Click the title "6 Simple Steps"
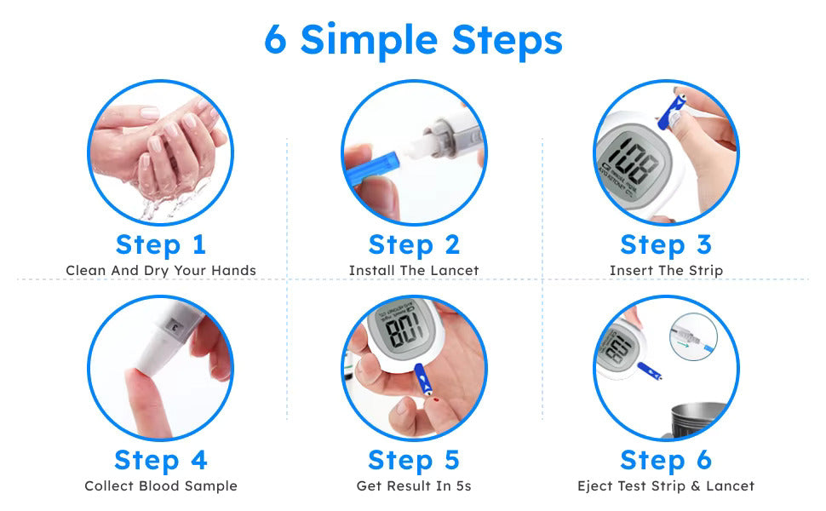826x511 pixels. (x=413, y=40)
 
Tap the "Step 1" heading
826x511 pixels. (x=161, y=244)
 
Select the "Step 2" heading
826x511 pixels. (x=414, y=244)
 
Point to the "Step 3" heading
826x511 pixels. (x=666, y=244)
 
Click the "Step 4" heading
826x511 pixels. (x=161, y=460)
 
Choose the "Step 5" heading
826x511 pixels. (x=414, y=460)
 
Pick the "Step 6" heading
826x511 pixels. (x=666, y=460)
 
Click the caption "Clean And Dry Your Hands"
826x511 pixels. (x=161, y=271)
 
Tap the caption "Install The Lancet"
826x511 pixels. (x=414, y=271)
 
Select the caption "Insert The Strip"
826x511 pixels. (x=666, y=271)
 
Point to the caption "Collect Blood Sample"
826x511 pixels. (x=161, y=486)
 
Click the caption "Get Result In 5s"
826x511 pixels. (x=414, y=486)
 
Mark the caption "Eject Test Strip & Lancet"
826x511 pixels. (x=666, y=486)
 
